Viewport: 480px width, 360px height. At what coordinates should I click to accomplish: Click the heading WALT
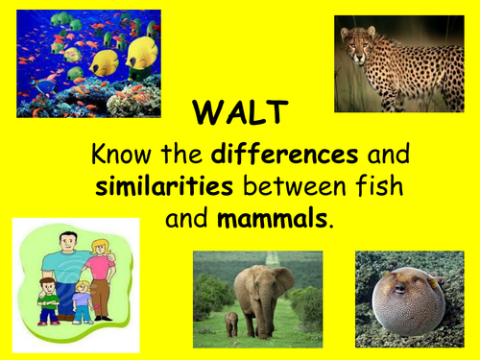pos(239,114)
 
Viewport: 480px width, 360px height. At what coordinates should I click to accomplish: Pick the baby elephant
pos(230,324)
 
